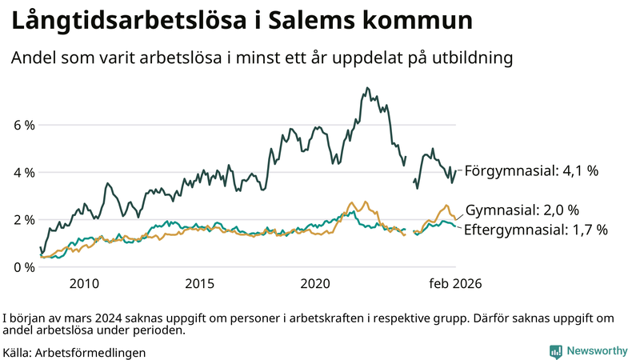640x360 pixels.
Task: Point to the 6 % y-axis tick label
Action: click(x=23, y=126)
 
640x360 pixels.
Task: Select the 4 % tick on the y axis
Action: click(x=23, y=173)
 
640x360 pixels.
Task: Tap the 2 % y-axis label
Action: click(x=23, y=220)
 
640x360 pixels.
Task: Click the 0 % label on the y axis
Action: click(x=23, y=267)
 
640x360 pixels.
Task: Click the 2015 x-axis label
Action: click(x=199, y=283)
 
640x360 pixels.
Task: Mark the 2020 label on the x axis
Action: click(x=315, y=283)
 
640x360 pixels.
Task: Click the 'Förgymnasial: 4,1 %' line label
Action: click(x=531, y=170)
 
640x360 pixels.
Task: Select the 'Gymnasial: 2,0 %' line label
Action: click(x=522, y=210)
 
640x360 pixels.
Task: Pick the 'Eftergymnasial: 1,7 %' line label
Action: click(x=536, y=230)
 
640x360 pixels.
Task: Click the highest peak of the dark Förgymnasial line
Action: click(x=367, y=88)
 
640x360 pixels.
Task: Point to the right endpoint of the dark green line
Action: click(x=456, y=170)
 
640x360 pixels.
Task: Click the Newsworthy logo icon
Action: click(x=555, y=350)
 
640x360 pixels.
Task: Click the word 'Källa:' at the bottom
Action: click(x=18, y=352)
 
